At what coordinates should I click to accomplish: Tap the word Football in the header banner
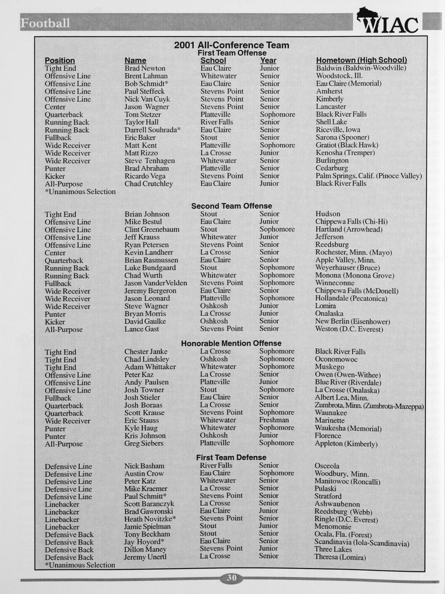coord(45,23)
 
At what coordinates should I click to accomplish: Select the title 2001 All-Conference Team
coord(231,45)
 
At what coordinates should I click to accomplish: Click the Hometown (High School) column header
coord(361,60)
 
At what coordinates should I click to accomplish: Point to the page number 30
coord(231,578)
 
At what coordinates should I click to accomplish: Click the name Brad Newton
coord(145,68)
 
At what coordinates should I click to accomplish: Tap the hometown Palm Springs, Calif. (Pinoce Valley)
coord(368,176)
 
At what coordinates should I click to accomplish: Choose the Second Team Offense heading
coord(231,206)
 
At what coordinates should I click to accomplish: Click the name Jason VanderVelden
coord(156,283)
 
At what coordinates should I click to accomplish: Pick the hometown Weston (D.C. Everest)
coord(349,329)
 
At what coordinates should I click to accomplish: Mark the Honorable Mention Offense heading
coord(231,343)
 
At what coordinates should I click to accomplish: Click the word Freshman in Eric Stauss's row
coord(274,420)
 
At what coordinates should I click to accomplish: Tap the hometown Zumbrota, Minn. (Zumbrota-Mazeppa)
coord(369,406)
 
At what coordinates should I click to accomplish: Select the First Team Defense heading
coord(231,458)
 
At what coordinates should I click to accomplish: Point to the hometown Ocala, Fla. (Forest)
coord(343,535)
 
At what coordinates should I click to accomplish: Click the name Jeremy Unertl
coord(145,557)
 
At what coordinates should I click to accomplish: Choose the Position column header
coord(60,61)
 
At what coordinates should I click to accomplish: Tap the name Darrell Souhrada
coord(152,130)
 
